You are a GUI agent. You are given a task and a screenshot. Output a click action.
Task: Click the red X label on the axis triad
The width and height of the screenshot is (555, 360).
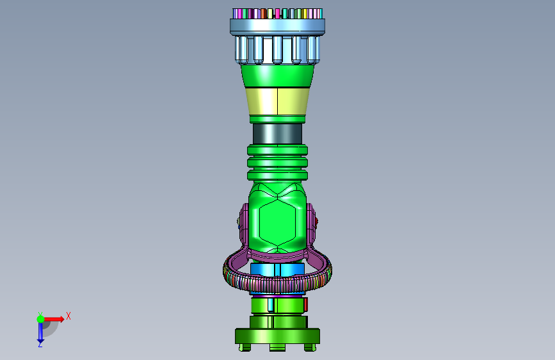[68, 316]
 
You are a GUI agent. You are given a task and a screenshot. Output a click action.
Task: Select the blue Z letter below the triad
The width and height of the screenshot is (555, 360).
[40, 344]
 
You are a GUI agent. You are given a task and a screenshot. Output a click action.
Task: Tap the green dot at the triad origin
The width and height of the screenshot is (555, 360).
[41, 319]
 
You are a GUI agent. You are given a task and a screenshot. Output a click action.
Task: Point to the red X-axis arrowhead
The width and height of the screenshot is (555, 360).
[61, 319]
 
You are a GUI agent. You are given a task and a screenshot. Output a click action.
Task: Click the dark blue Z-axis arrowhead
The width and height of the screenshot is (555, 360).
[40, 341]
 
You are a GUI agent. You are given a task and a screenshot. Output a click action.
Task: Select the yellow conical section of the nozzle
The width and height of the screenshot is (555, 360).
[278, 101]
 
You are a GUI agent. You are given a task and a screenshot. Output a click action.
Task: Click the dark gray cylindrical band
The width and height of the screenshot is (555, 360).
[278, 134]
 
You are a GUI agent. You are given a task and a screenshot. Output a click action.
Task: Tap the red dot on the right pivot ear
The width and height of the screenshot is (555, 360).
[316, 222]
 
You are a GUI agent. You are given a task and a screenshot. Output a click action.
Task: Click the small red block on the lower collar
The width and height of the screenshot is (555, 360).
[305, 304]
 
